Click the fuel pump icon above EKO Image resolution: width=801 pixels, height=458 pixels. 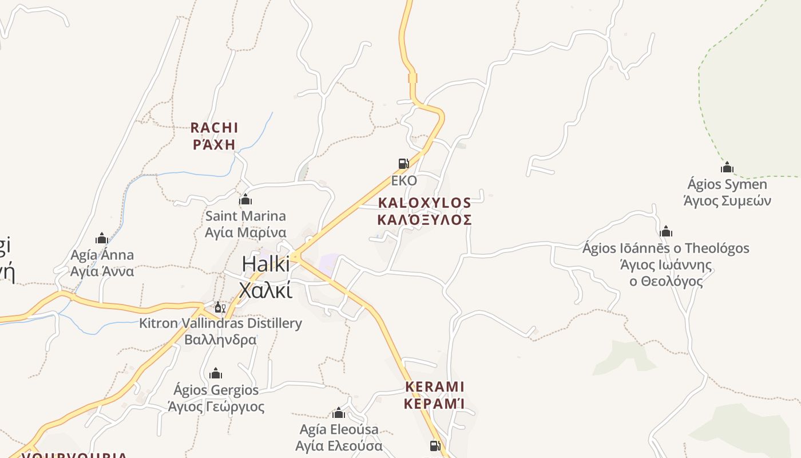coord(404,164)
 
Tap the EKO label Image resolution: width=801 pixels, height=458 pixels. coord(404,180)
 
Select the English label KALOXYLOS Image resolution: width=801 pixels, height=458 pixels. coord(425,203)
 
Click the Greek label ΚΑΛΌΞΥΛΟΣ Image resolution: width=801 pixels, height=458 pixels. coord(425,220)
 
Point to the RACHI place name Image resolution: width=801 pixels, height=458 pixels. coord(214,128)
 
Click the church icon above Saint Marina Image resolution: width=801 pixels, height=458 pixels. coord(245,199)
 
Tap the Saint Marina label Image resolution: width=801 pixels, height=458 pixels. coord(245,216)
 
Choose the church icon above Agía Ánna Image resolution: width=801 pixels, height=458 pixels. coord(102,238)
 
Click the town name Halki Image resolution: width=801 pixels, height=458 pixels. coord(265,264)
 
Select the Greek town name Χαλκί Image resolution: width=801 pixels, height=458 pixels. coord(265,290)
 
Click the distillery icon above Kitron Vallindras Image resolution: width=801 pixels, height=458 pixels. coord(220,307)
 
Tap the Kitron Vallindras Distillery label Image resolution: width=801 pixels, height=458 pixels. coord(220,323)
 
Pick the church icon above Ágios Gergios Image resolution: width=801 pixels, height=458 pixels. coord(216,374)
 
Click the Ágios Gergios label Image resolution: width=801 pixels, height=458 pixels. coord(216,390)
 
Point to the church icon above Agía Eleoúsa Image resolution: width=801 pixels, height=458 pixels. coord(339,413)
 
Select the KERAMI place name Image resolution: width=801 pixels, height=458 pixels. coord(434,387)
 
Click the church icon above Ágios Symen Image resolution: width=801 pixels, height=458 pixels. coord(727,168)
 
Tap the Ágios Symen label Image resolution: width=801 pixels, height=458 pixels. coord(727,184)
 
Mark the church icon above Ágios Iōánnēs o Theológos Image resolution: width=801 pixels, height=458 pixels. coord(665,232)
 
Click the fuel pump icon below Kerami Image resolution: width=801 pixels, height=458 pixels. coord(435,445)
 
